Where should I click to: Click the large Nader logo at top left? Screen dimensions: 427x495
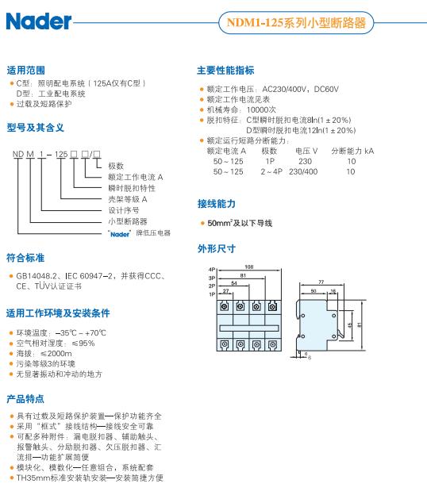pyautogui.click(x=39, y=21)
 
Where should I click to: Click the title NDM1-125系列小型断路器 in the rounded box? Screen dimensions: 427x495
pyautogui.click(x=296, y=23)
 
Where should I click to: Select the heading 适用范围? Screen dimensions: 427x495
pyautogui.click(x=26, y=70)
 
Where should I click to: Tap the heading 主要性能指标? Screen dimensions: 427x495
pyautogui.click(x=225, y=70)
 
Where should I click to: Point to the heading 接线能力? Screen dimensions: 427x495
pyautogui.click(x=217, y=204)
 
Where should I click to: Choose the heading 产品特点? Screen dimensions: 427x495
pyautogui.click(x=25, y=399)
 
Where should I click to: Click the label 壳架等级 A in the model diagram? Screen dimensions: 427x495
pyautogui.click(x=128, y=199)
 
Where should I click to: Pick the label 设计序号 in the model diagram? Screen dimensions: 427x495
pyautogui.click(x=124, y=210)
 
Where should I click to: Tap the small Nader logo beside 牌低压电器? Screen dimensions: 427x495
pyautogui.click(x=119, y=234)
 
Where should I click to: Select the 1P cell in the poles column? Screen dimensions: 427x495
pyautogui.click(x=270, y=161)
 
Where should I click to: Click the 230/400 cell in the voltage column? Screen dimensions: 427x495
pyautogui.click(x=303, y=171)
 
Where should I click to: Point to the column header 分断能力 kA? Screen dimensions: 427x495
pyautogui.click(x=352, y=151)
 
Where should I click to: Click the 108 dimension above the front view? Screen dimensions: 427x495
pyautogui.click(x=249, y=267)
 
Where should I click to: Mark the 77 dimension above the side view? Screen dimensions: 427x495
pyautogui.click(x=321, y=282)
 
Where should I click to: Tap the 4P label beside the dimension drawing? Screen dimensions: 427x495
pyautogui.click(x=212, y=270)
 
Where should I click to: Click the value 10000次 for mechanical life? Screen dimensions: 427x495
pyautogui.click(x=261, y=109)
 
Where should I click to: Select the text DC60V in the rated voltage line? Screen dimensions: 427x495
pyautogui.click(x=326, y=89)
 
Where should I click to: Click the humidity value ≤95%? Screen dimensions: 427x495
pyautogui.click(x=83, y=343)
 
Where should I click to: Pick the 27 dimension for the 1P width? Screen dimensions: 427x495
pyautogui.click(x=226, y=291)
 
